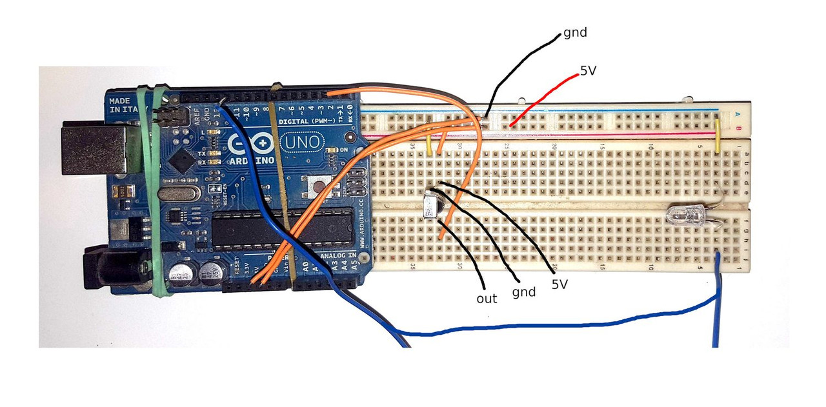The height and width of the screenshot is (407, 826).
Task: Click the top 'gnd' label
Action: [575, 32]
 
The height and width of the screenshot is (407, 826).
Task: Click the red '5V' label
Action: [588, 72]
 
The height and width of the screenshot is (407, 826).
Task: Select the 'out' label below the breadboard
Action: [487, 299]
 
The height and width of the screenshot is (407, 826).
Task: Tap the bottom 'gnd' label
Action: [523, 292]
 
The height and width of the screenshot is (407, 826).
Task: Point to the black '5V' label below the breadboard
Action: [559, 283]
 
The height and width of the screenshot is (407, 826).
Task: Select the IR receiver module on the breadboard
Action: [430, 208]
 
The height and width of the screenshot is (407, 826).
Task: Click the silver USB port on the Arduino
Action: [93, 149]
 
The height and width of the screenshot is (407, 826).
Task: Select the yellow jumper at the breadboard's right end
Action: [718, 135]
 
